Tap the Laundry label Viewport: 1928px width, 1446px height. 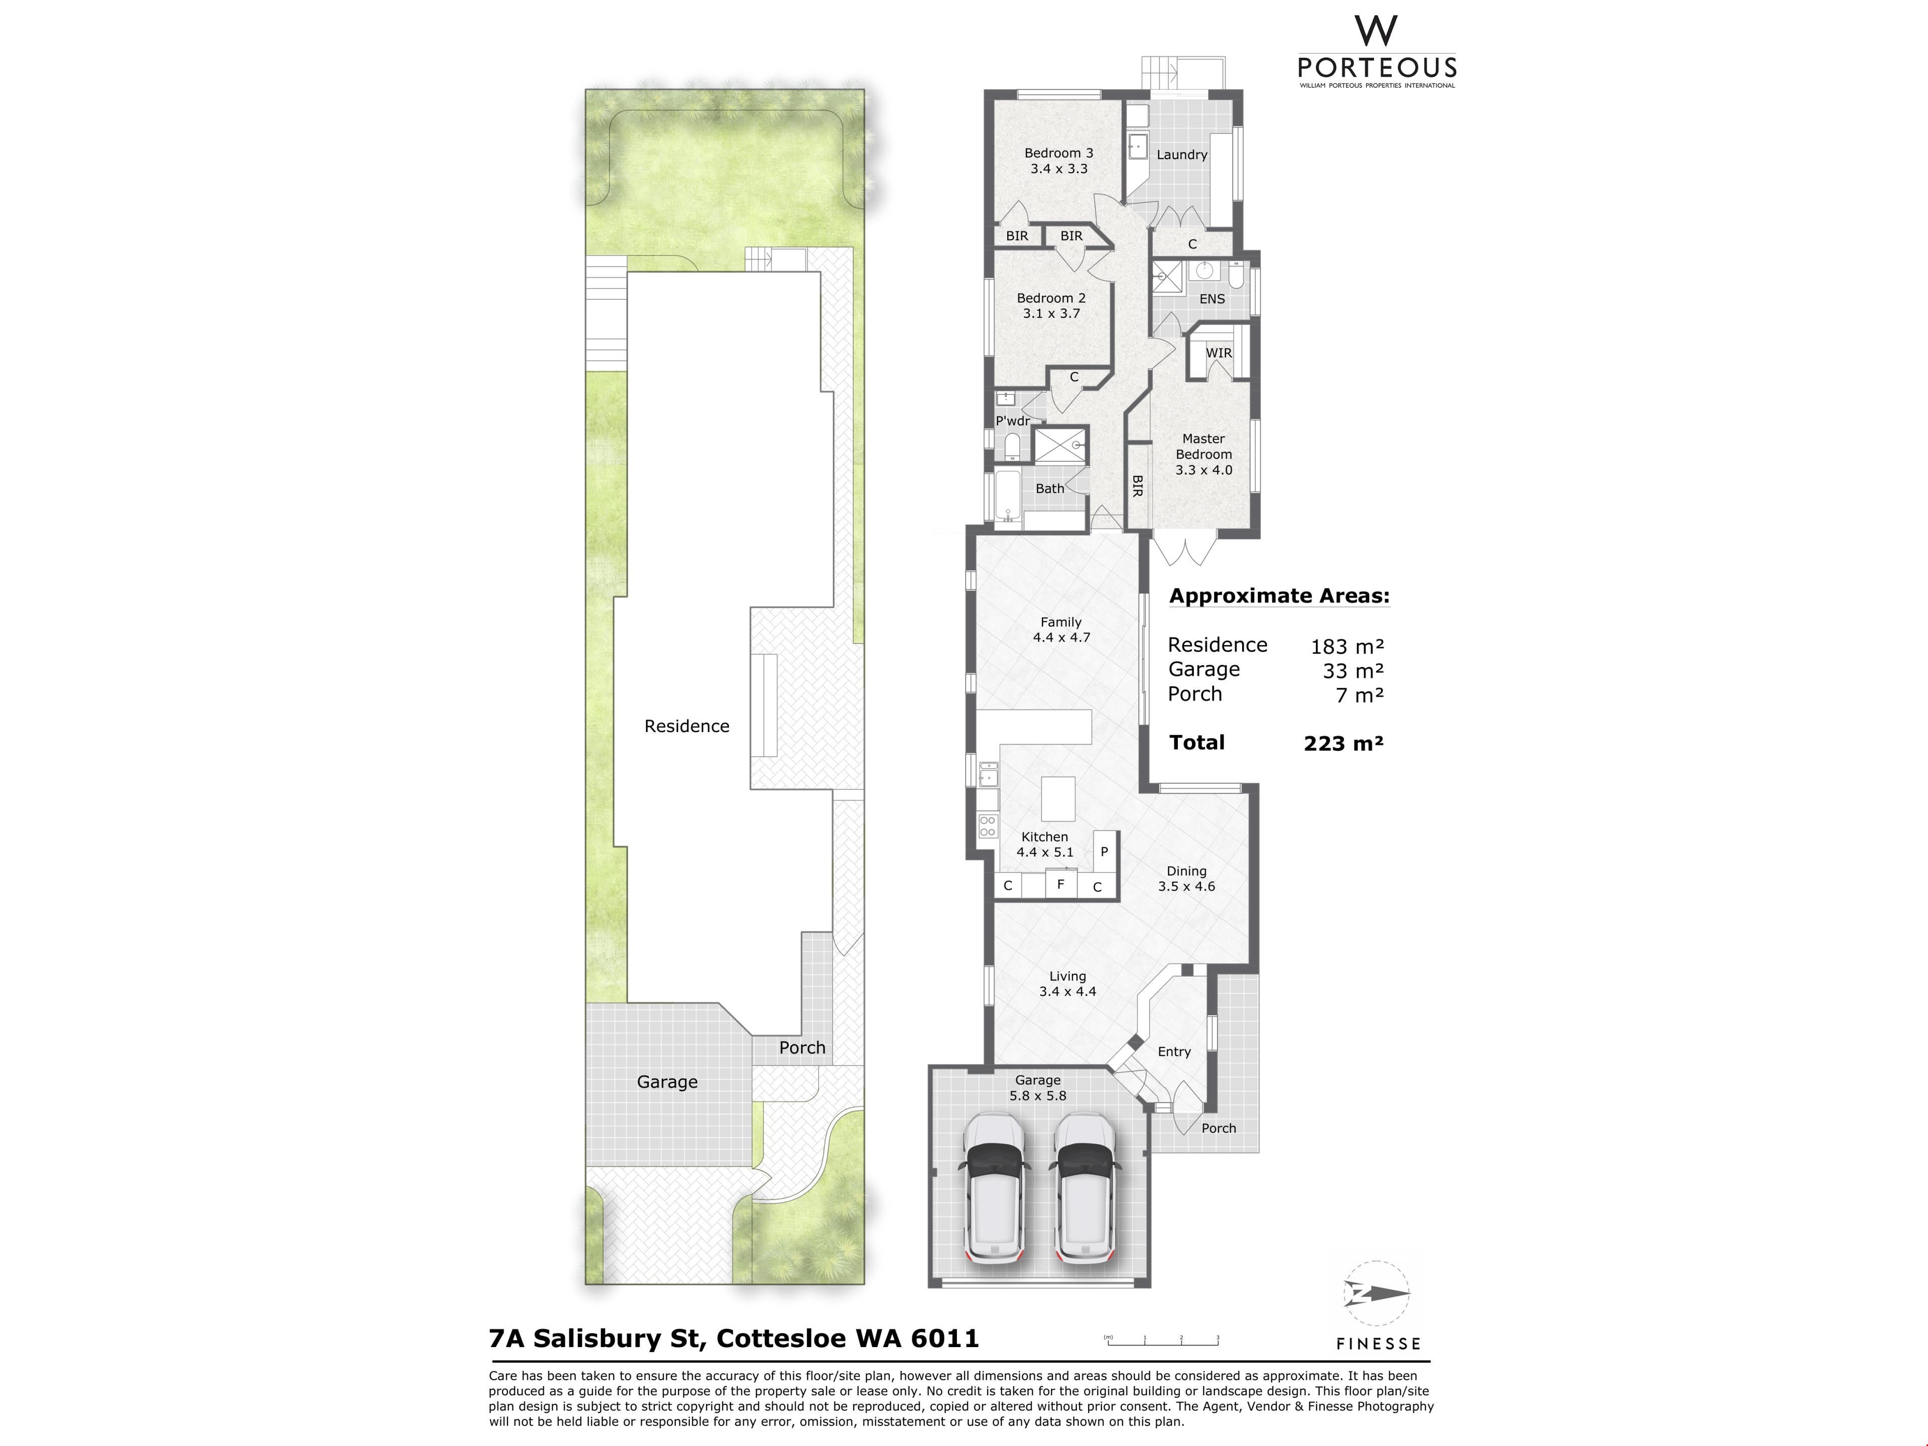(1182, 155)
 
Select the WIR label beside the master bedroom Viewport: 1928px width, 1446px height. (1219, 353)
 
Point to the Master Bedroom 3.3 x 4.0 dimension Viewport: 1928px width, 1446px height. (1203, 470)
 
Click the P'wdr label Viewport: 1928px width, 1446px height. (1013, 421)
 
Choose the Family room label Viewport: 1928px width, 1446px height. (1061, 622)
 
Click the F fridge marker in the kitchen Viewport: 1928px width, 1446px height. (1061, 884)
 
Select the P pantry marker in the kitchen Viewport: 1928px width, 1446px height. (1104, 852)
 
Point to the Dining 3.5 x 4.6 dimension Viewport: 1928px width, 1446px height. (1186, 886)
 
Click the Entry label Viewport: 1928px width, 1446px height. (1174, 1052)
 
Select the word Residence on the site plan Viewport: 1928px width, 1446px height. (687, 726)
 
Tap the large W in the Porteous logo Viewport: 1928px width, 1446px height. (1376, 31)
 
